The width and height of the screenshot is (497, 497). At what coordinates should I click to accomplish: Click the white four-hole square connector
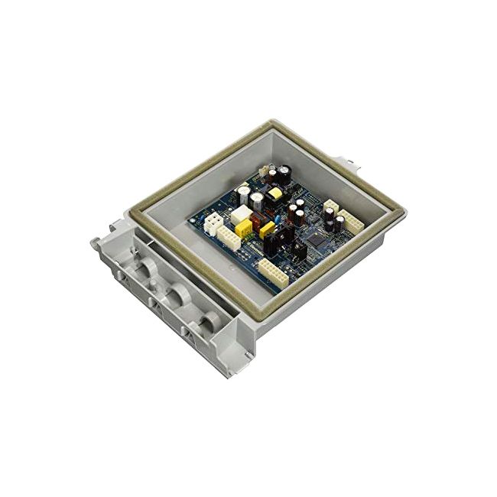tap(213, 223)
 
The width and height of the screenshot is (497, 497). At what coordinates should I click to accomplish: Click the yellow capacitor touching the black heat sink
tap(268, 229)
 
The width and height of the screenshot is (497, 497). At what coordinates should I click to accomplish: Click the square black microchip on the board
tap(315, 241)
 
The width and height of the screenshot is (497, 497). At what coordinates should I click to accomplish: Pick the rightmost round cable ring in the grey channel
tap(204, 321)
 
